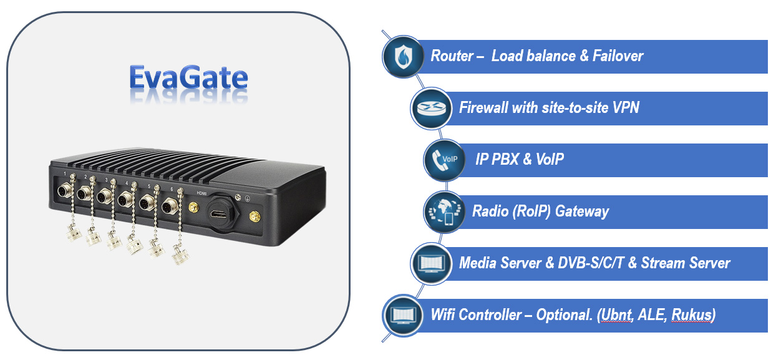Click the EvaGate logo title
[188, 79]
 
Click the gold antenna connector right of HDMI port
[255, 218]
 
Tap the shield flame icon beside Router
[399, 56]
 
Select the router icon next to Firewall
[427, 108]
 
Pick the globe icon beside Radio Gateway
[440, 212]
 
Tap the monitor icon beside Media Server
[427, 263]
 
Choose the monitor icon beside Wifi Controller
[399, 315]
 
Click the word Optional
[563, 315]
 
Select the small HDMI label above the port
[201, 193]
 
